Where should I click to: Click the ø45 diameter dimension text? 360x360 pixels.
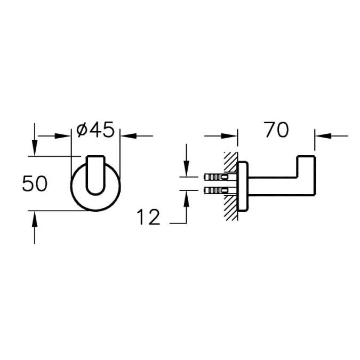click(95, 130)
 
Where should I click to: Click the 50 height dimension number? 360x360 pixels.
click(35, 183)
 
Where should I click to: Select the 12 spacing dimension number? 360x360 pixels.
click(148, 217)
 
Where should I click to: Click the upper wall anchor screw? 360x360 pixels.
click(220, 177)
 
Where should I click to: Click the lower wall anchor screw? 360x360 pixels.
click(220, 190)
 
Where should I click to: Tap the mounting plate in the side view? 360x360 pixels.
click(243, 186)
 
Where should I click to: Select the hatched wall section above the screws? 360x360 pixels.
click(230, 162)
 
